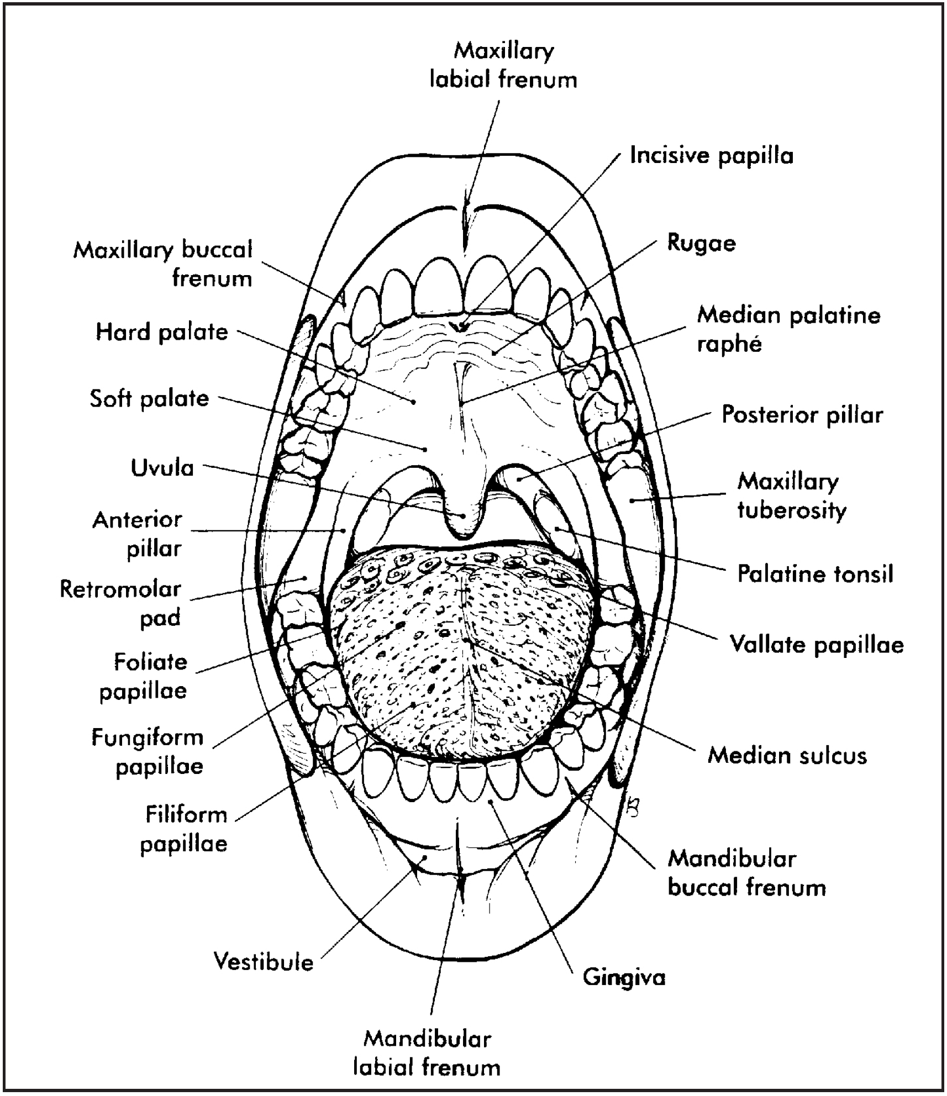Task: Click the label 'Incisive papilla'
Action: coord(711,156)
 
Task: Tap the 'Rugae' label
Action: coord(701,244)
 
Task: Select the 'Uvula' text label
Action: coord(162,468)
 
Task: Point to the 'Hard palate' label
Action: coord(162,333)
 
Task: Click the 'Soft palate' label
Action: coord(149,398)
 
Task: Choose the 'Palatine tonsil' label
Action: coord(815,575)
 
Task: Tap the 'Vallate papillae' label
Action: coord(816,645)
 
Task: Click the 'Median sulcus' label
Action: coord(787,756)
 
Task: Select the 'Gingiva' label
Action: coord(624,978)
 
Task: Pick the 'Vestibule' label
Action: coord(264,962)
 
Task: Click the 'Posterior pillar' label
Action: coord(802,415)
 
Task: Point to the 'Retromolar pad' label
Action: coord(120,603)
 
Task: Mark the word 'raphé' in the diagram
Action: coord(729,345)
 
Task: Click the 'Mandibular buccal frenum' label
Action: coord(746,873)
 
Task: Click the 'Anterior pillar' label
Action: coord(137,534)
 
